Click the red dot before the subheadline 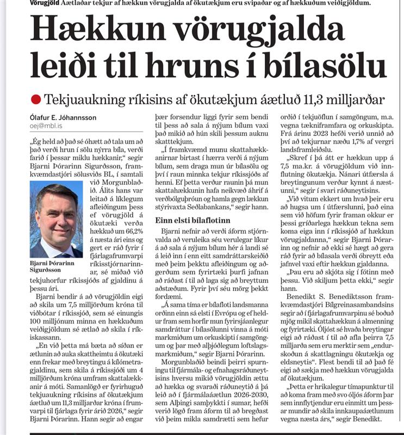pyautogui.click(x=36, y=99)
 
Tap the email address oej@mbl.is pyautogui.click(x=47, y=126)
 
